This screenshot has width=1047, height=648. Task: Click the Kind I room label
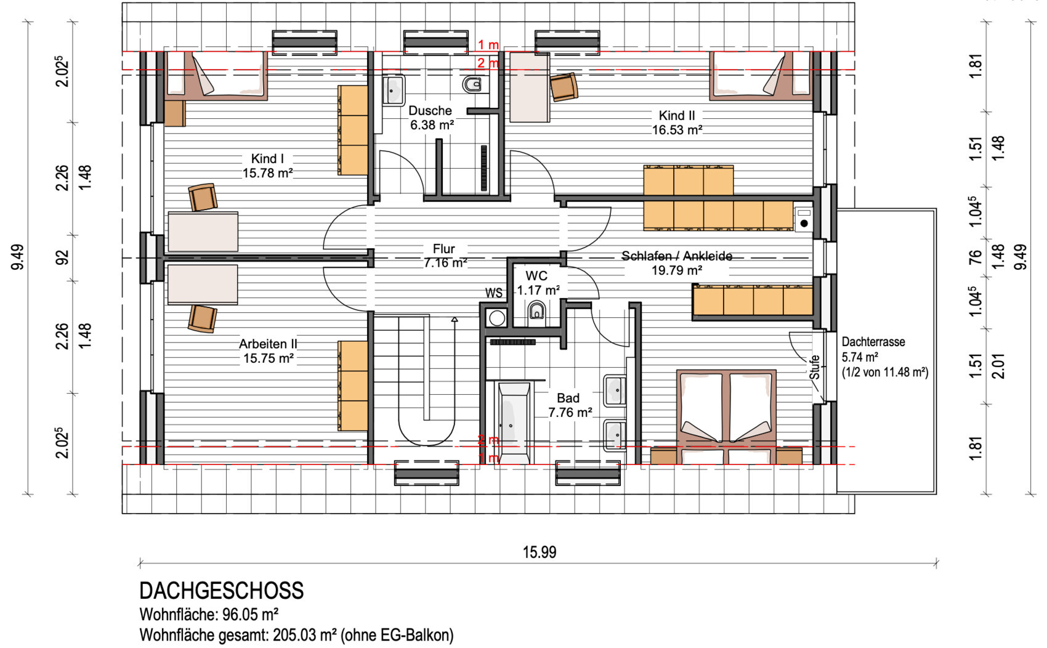coord(267,166)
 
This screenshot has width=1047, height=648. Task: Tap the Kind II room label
coord(677,123)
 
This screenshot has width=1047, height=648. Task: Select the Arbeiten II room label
coord(268,351)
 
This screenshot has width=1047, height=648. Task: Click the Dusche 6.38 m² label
coord(431,118)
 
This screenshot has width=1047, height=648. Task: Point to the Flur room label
coord(445,256)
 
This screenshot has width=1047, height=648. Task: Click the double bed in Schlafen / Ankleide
coord(726,417)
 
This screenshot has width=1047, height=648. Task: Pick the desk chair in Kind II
coord(564,87)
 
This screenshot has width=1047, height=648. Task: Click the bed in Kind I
coord(216,76)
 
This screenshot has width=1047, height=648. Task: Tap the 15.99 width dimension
coord(540,552)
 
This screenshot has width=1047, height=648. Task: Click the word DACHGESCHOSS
coord(222,591)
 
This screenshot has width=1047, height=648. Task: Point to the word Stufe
coord(815,368)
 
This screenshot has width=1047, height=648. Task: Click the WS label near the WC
coord(493,293)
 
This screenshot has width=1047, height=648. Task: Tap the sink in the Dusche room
coord(393,90)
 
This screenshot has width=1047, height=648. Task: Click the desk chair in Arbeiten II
coord(203,318)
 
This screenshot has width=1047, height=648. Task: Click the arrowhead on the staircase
coord(455,320)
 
